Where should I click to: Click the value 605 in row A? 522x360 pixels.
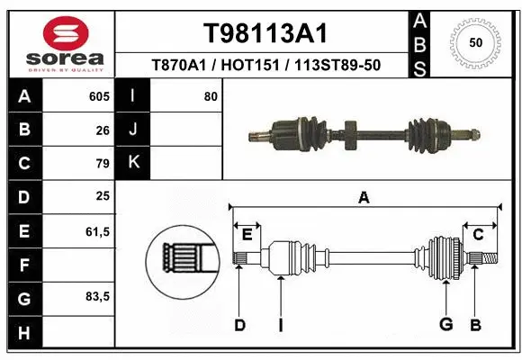pos(99,96)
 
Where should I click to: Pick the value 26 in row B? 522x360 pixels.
pos(103,130)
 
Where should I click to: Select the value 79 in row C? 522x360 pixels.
pos(103,164)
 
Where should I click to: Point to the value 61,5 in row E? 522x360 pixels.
pos(98,231)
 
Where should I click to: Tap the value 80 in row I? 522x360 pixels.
pos(211,96)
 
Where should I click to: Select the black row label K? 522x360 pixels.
pos(133,164)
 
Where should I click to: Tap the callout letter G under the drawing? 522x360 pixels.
pos(445,325)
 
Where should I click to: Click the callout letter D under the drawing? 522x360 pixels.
pos(239,325)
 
